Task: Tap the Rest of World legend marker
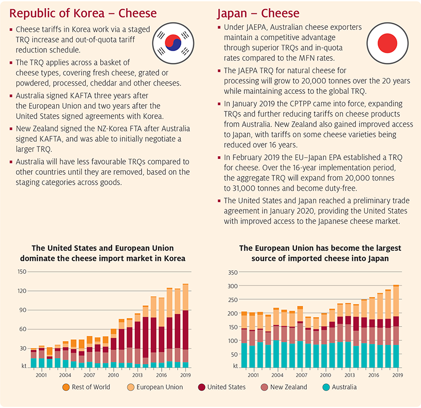pos(66,387)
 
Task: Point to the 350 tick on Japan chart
pos(232,272)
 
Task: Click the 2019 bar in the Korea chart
pos(185,325)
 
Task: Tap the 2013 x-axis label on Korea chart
pos(137,374)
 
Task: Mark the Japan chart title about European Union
pos(320,253)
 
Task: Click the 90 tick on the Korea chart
pos(22,310)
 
